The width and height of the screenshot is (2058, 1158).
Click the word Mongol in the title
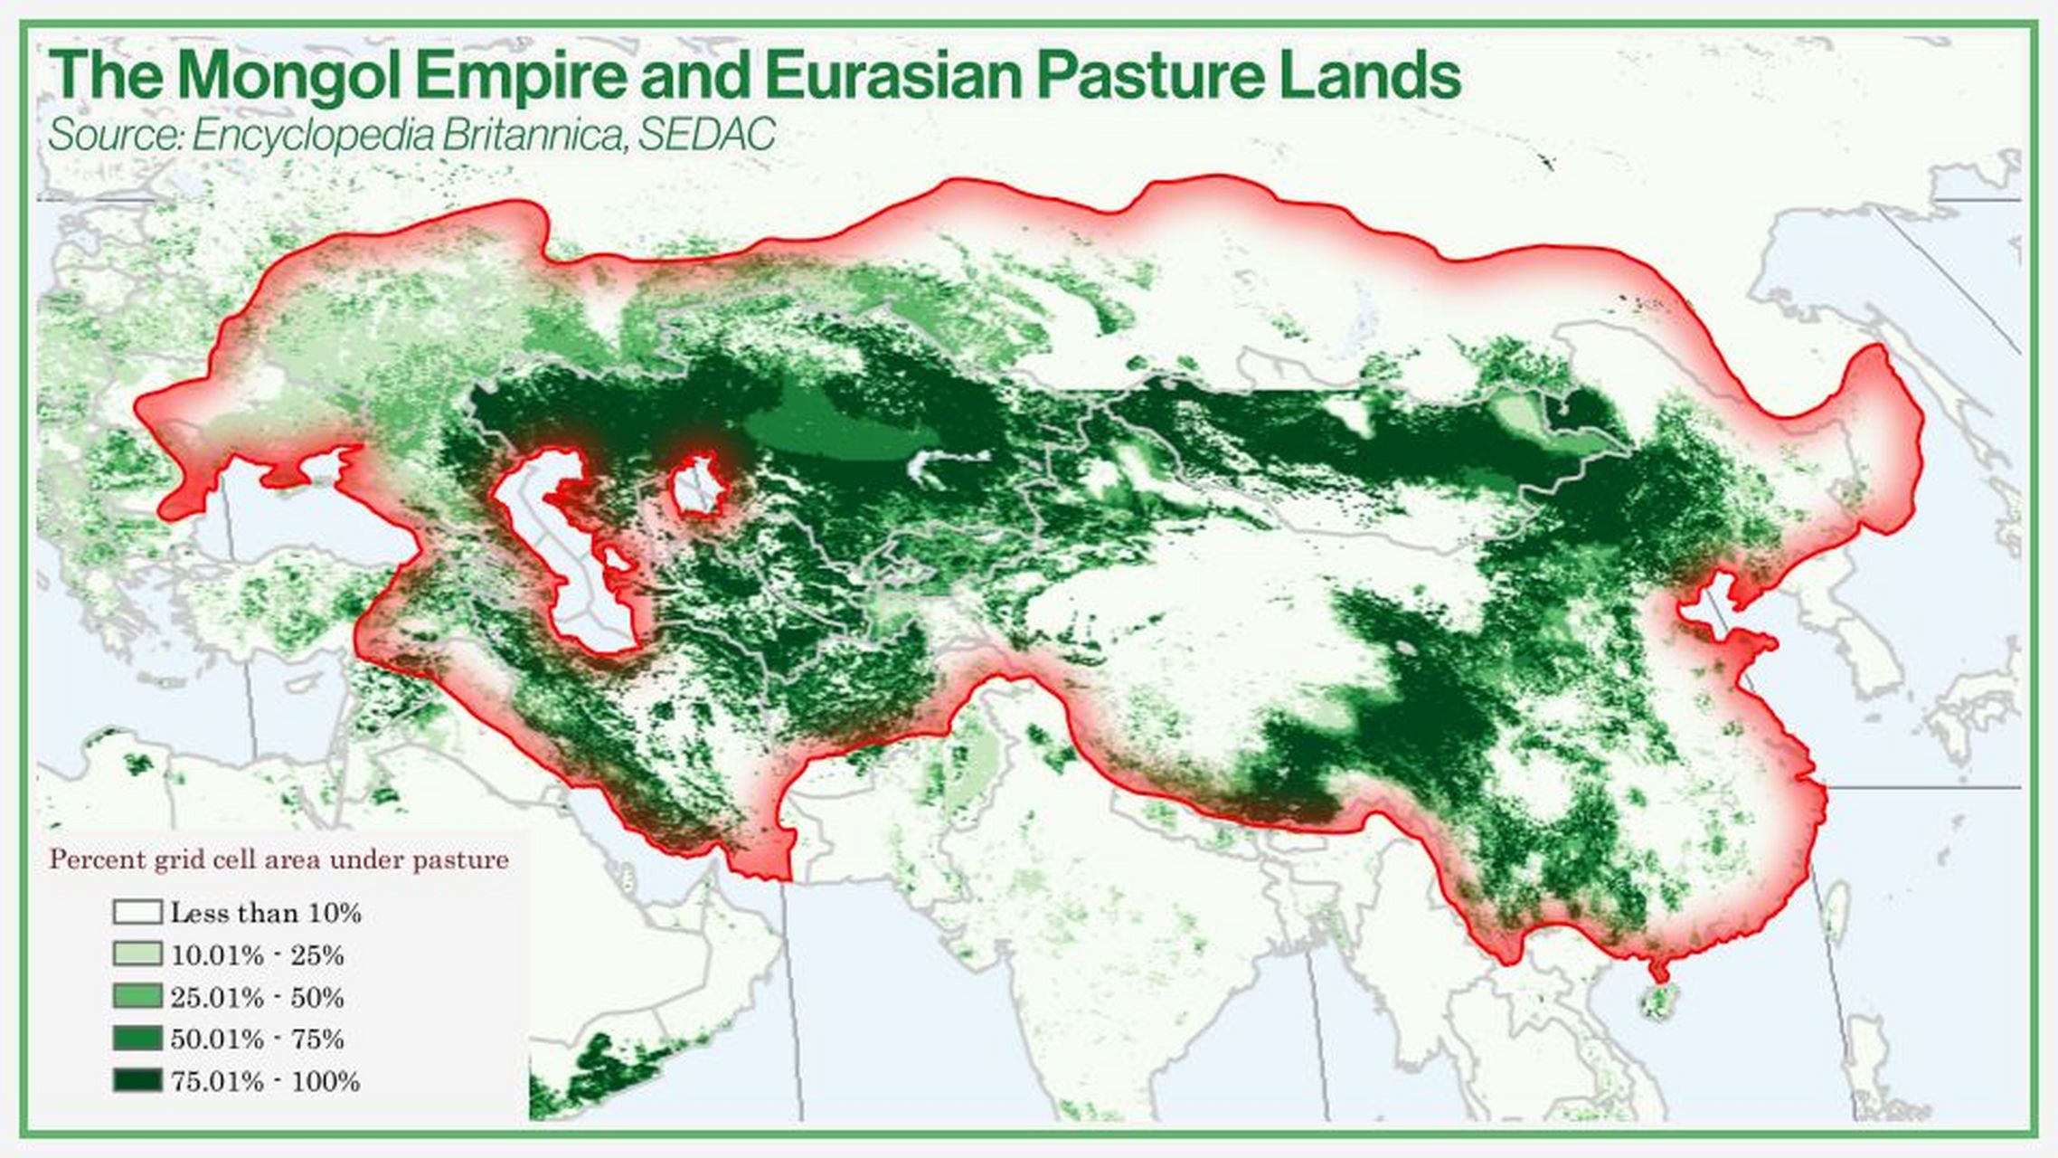(289, 76)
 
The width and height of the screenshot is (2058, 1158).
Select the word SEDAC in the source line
(706, 136)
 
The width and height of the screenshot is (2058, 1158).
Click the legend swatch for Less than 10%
(137, 912)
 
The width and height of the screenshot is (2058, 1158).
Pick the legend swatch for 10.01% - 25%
(137, 954)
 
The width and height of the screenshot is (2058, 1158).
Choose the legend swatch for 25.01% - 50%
(137, 997)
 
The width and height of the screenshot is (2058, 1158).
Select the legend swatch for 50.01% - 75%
(137, 1039)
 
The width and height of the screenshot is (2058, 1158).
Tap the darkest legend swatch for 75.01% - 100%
(137, 1080)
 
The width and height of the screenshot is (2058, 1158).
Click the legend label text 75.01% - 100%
(265, 1081)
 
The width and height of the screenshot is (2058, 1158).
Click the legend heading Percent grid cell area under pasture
(278, 859)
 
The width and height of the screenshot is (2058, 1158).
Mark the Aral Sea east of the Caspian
(696, 487)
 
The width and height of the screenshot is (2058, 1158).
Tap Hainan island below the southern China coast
(1657, 1002)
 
